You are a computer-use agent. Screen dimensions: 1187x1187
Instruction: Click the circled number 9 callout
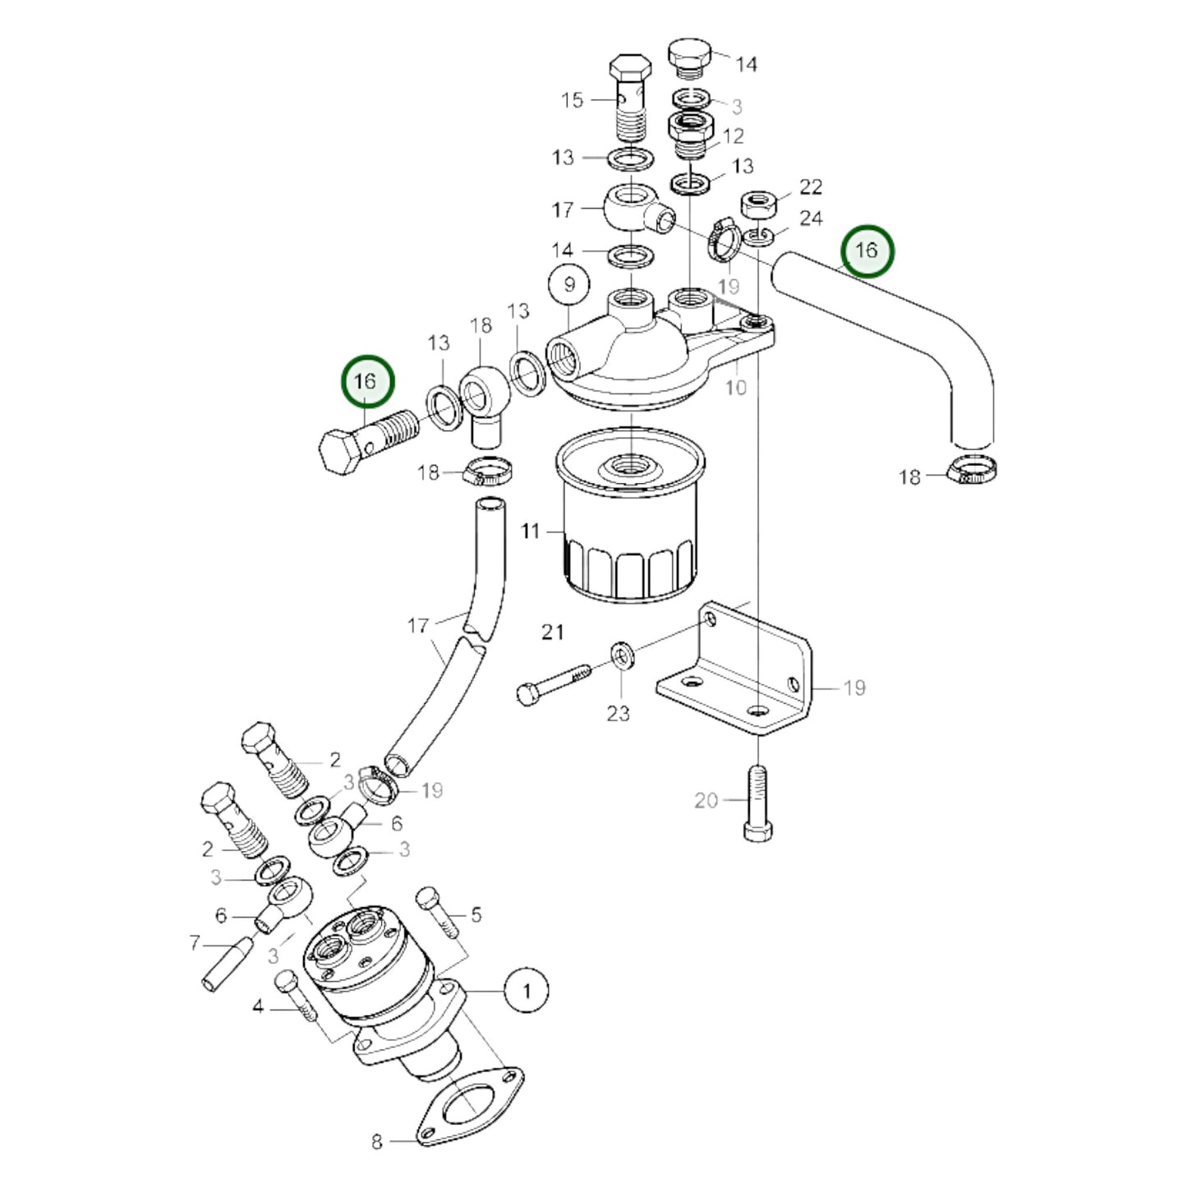pos(570,285)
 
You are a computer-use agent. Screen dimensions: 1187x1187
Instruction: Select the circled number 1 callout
pos(527,991)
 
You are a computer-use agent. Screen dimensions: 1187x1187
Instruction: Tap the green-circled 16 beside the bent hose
pos(867,251)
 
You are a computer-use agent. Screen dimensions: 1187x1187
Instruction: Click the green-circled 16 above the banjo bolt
pos(366,381)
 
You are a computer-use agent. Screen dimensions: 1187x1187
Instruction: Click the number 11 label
pos(531,531)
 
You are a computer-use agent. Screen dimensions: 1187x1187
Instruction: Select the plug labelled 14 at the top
pos(690,56)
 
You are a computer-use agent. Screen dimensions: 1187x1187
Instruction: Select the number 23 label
pos(618,713)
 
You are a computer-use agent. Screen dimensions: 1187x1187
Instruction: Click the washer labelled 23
pos(621,656)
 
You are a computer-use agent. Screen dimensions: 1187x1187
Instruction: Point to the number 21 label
pos(553,632)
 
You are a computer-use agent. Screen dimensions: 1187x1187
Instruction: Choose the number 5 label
pos(476,914)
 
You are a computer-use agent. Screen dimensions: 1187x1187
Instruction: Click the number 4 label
pos(258,1005)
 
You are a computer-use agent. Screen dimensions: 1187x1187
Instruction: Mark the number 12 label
pos(733,136)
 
